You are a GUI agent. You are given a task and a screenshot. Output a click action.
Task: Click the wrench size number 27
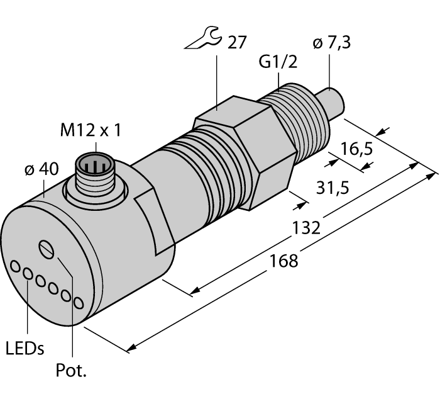[238, 43]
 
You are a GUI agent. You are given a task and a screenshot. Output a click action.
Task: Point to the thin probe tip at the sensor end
[332, 101]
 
